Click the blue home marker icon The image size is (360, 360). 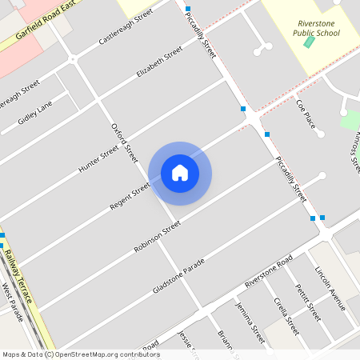tap(180, 173)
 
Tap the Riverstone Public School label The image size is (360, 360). tap(318, 28)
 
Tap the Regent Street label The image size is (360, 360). tap(130, 196)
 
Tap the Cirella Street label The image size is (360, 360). tap(286, 316)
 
